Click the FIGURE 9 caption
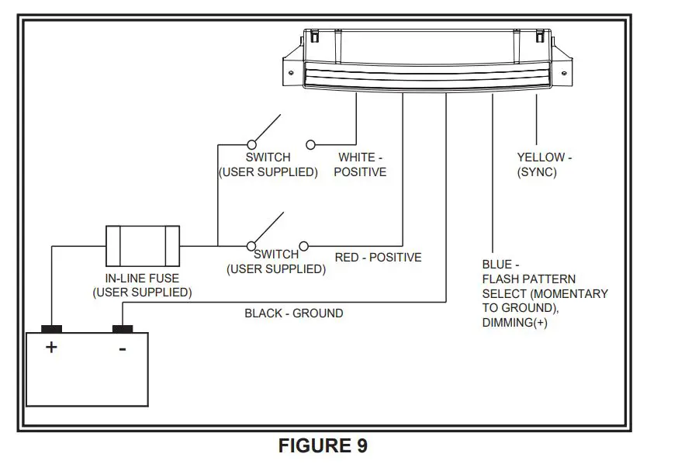point(323,446)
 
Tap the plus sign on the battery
point(51,347)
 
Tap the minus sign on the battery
point(122,348)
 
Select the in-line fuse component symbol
point(143,246)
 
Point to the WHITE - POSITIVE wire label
point(360,165)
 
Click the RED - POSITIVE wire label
point(378,258)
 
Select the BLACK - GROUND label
point(293,313)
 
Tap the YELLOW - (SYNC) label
point(544,165)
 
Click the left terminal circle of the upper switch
point(251,144)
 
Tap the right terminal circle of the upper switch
point(311,144)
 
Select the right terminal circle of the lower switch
point(303,246)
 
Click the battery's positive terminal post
point(52,329)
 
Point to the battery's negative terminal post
point(123,329)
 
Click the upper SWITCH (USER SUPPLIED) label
point(268,165)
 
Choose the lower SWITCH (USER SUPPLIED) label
point(276,262)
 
